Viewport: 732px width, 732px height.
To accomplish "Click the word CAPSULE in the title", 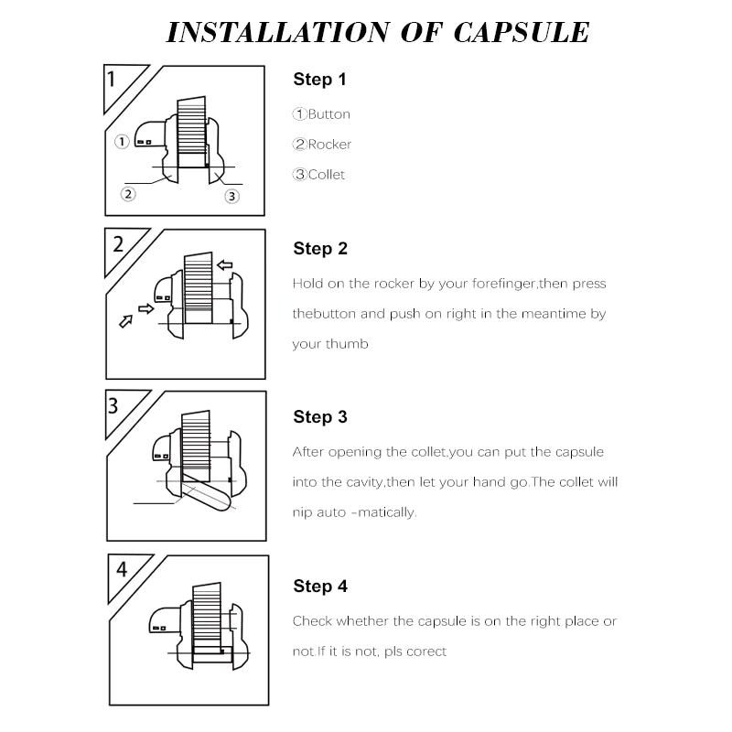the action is point(522,33).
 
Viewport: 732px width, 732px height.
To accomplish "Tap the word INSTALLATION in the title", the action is point(278,33).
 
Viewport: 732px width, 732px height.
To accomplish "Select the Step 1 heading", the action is point(319,80).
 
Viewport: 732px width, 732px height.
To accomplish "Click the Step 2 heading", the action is point(320,249).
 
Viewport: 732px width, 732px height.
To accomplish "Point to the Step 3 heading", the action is point(320,417).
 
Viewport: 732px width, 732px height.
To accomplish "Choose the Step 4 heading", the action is point(320,587).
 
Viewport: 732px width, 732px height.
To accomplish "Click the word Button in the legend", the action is point(329,114).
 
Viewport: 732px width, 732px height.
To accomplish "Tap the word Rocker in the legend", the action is point(329,145).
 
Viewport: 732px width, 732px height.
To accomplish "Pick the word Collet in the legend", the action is point(327,175).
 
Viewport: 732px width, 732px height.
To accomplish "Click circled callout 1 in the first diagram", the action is point(122,141).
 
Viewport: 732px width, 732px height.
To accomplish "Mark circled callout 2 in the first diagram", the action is point(128,194).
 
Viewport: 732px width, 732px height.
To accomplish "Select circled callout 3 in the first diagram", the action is point(232,196).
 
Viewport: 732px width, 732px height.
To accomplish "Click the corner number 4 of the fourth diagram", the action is point(122,569).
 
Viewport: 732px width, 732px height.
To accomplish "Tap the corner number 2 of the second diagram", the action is point(118,244).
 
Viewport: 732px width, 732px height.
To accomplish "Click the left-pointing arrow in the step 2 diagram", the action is point(225,265).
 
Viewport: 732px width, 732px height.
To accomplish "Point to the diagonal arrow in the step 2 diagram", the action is point(126,321).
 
